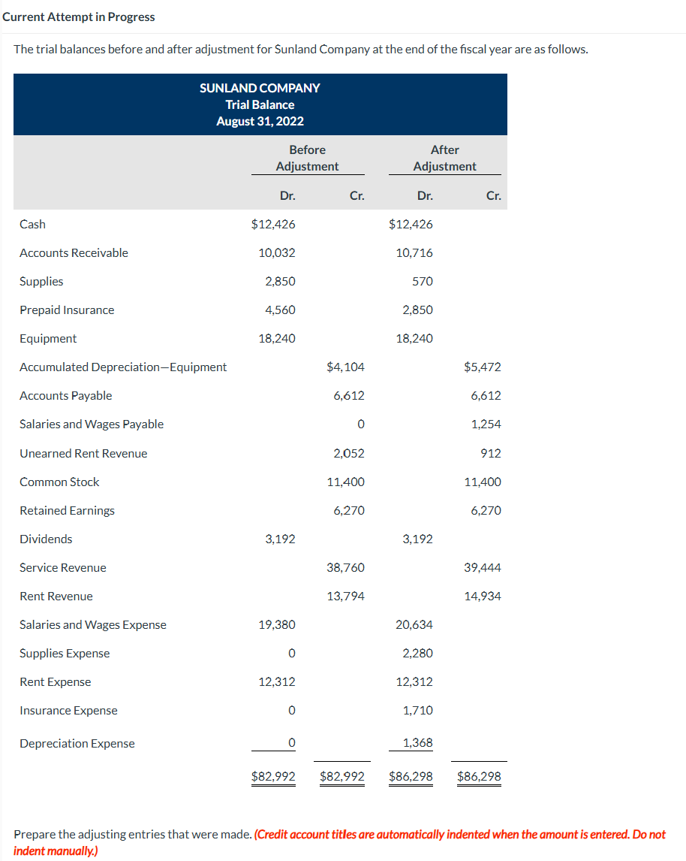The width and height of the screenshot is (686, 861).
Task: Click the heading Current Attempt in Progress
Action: [79, 17]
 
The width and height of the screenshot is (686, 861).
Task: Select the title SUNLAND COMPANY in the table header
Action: [260, 88]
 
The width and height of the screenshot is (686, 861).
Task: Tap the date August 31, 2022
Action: [260, 121]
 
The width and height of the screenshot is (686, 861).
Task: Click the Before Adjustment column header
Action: [307, 158]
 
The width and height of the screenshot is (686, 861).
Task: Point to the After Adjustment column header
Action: [444, 158]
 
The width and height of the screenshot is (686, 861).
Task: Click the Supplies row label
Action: [41, 281]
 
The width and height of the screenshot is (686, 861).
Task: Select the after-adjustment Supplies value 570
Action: [423, 281]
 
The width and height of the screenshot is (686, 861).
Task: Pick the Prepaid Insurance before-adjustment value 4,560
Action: [280, 310]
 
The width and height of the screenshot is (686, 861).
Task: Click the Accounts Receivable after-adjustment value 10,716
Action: [414, 252]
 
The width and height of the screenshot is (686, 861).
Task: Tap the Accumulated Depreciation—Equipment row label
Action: [123, 367]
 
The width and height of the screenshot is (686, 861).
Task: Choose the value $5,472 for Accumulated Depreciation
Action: [483, 367]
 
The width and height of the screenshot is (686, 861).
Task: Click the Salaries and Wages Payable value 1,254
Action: [486, 424]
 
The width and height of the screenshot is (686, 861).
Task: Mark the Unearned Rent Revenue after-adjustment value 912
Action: [491, 453]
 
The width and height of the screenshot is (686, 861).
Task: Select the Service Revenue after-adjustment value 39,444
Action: [483, 567]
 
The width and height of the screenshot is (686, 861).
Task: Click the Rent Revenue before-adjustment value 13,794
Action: [346, 596]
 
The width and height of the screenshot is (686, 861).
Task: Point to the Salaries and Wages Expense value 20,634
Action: [414, 624]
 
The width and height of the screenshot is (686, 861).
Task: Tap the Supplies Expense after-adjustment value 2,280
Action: [417, 653]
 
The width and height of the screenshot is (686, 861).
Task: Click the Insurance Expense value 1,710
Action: [417, 710]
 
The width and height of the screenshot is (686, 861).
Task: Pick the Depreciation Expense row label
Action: [77, 743]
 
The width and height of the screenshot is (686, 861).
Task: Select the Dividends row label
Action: [46, 539]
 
